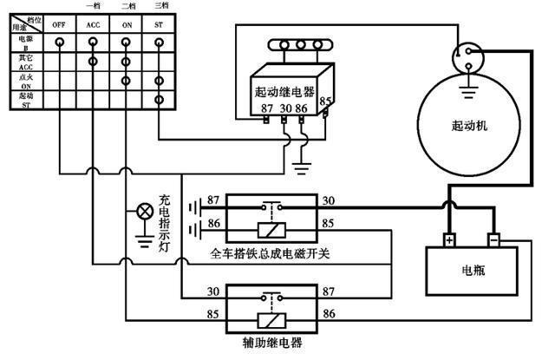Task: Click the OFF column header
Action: pyautogui.click(x=60, y=25)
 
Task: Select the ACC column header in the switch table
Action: pyautogui.click(x=93, y=25)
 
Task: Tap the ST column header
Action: pyautogui.click(x=159, y=25)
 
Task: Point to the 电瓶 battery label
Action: pyautogui.click(x=474, y=271)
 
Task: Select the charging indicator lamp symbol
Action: pyautogui.click(x=143, y=210)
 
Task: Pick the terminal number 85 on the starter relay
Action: pyautogui.click(x=326, y=101)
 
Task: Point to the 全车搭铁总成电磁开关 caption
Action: pyautogui.click(x=272, y=254)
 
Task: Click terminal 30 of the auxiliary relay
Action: pyautogui.click(x=213, y=292)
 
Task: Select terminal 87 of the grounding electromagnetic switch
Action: pyautogui.click(x=213, y=201)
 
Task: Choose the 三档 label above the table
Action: pyautogui.click(x=159, y=7)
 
